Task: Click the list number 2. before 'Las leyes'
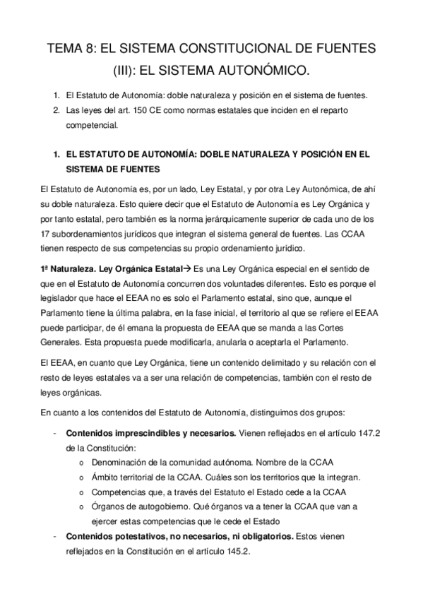click(56, 110)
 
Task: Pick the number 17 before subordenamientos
click(48, 235)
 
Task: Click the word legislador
click(61, 299)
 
